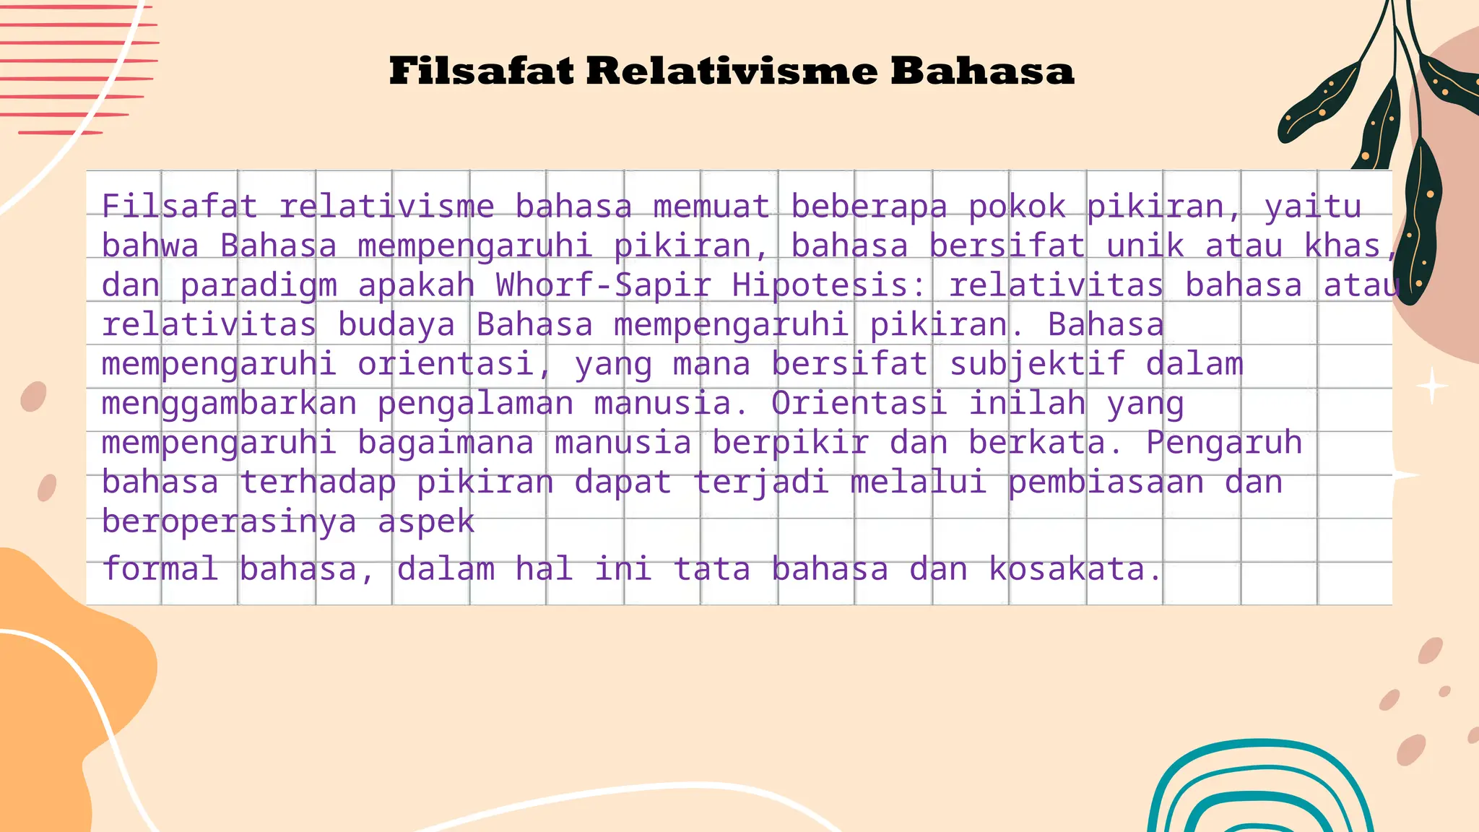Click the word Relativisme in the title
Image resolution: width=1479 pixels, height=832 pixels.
(731, 71)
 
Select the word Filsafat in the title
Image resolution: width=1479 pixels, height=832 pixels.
(482, 71)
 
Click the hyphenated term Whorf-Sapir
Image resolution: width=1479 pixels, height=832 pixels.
(603, 285)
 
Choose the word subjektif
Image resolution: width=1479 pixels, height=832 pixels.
(1037, 365)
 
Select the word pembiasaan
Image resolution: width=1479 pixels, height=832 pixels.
(1106, 482)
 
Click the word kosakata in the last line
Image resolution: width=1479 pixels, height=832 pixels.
(1076, 569)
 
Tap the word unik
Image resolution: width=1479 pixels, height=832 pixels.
(1145, 246)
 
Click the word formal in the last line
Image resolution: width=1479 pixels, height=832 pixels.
(160, 569)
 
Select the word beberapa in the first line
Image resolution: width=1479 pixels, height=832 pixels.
(869, 207)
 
